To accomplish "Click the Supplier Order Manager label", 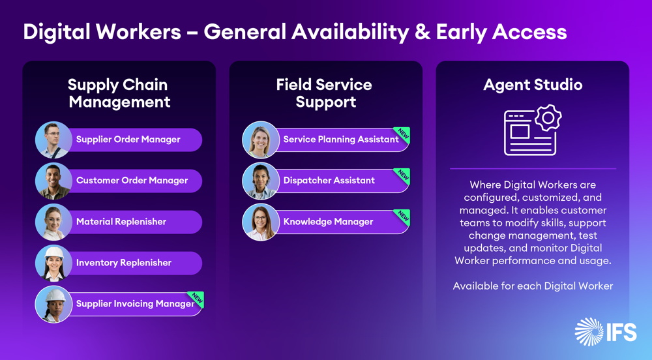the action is click(128, 140).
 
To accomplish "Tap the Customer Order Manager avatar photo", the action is click(53, 181).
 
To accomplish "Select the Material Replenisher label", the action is click(121, 222).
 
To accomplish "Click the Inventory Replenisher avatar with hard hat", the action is click(53, 263).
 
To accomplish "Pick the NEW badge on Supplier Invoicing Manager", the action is click(196, 299).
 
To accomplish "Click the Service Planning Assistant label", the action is click(341, 140).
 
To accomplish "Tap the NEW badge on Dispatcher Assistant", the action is click(402, 175).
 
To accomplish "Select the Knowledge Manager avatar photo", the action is click(260, 222).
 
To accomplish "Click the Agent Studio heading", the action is click(533, 85).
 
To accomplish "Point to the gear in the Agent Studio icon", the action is click(548, 118).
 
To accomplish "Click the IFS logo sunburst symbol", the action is click(589, 332).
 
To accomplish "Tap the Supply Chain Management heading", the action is click(119, 93).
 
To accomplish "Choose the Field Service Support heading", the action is click(324, 93).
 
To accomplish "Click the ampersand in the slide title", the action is click(422, 32).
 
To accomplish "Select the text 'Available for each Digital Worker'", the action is click(533, 286).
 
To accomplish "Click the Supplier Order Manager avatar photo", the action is click(53, 140).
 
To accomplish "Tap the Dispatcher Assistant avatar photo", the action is click(260, 181).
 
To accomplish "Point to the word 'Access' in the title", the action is click(529, 32).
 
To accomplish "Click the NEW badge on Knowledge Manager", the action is click(402, 217).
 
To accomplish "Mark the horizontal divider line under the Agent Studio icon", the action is click(533, 169).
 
